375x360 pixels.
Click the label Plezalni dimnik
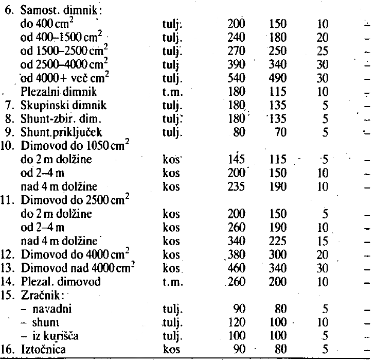pos(52,93)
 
